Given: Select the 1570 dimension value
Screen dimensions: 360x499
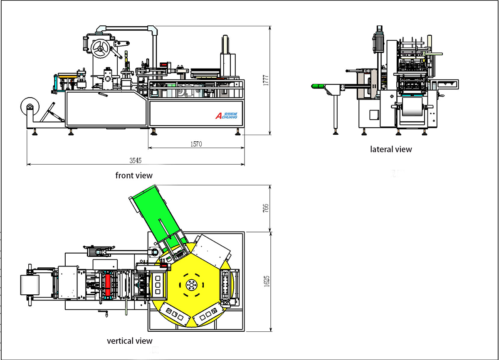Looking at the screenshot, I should pyautogui.click(x=196, y=144).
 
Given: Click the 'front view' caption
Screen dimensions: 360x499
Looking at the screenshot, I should pyautogui.click(x=134, y=175).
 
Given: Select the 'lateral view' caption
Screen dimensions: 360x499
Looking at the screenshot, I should pyautogui.click(x=391, y=149).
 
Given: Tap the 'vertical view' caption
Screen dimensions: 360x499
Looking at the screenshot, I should pyautogui.click(x=130, y=341).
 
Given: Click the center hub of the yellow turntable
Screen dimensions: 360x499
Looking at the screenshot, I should pyautogui.click(x=192, y=285).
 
